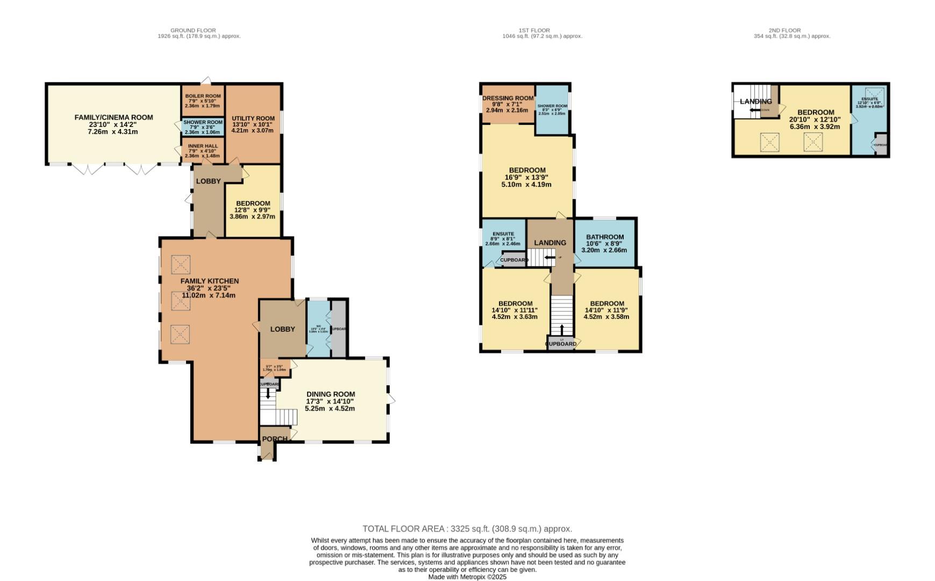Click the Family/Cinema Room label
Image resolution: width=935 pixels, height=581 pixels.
pos(113,117)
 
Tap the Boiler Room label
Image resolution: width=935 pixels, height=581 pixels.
pos(203,96)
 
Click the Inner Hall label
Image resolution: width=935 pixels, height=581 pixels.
pos(202,146)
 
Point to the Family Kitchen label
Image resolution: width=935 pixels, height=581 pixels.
pos(209,281)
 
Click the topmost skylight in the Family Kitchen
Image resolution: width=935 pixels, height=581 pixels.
pos(181,265)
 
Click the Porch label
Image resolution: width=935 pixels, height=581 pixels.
pos(274,439)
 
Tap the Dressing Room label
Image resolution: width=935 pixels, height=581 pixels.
pos(508,98)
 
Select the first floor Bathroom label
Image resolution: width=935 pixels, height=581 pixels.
pos(605,237)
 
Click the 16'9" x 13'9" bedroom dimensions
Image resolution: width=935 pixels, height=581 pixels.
pos(526,178)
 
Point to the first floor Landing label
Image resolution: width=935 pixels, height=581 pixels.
pos(550,243)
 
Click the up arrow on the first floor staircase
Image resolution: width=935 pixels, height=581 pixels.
pos(562,328)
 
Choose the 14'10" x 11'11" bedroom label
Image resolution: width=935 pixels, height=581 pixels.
pos(515,303)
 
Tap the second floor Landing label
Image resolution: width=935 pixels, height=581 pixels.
pos(755,101)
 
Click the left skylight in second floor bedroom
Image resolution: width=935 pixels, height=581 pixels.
pos(770,143)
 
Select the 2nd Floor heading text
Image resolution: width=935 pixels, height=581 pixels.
pos(791,31)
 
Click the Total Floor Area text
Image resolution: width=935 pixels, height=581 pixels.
pos(467,529)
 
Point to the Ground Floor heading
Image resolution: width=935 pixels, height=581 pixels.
pos(193,31)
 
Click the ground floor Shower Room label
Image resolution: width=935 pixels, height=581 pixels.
pos(203,123)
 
